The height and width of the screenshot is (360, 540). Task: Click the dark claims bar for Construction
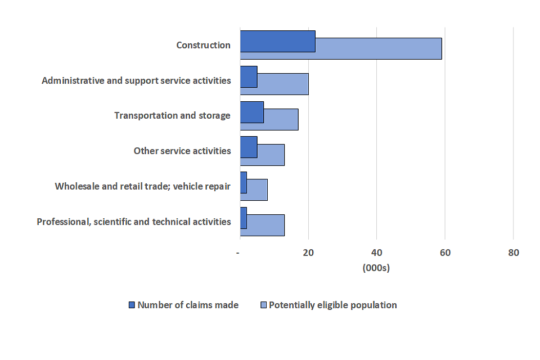[x=277, y=41]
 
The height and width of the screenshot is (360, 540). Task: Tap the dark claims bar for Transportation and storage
[x=251, y=112]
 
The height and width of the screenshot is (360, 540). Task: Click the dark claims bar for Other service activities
[x=249, y=147]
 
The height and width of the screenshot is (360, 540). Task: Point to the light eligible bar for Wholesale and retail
[x=257, y=190]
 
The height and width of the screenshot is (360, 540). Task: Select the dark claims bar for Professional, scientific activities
[x=244, y=218]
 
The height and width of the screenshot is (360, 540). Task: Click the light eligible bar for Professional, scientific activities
[x=265, y=224]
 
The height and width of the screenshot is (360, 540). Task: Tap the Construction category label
[x=203, y=45]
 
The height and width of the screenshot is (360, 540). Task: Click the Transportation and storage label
[x=172, y=115]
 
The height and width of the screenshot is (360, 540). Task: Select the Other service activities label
[x=182, y=151]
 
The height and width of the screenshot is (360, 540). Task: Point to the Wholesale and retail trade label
[x=142, y=186]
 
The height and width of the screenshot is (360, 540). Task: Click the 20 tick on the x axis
[x=308, y=253]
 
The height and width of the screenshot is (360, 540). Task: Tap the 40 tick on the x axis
[x=376, y=253]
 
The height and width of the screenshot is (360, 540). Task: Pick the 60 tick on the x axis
[x=445, y=253]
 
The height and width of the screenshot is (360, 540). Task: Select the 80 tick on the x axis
[x=513, y=253]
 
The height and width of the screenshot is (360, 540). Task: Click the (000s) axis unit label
[x=376, y=268]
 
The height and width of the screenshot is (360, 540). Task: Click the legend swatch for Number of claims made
[x=132, y=305]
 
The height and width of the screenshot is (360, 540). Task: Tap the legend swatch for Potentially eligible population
[x=263, y=305]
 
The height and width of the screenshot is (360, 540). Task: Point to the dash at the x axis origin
[x=238, y=253]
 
